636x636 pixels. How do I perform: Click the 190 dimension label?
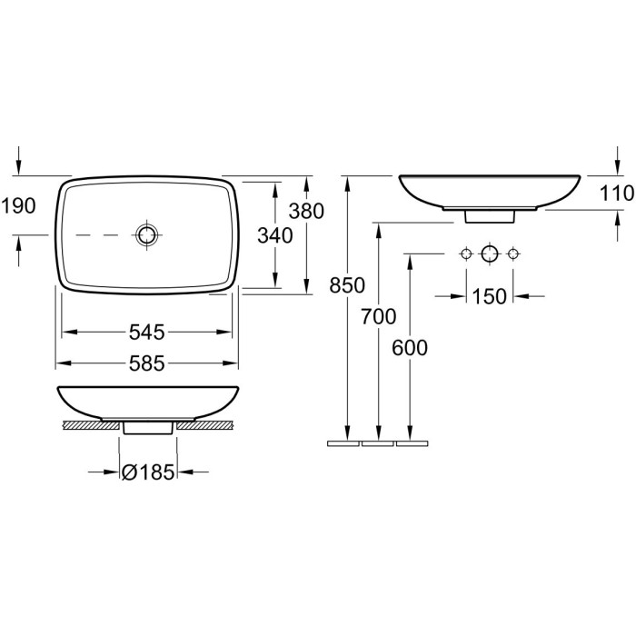(19, 206)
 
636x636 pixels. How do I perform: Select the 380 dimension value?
(306, 211)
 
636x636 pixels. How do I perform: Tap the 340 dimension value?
(275, 235)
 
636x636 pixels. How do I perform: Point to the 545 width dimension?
(147, 333)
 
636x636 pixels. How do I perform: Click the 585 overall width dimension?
(147, 363)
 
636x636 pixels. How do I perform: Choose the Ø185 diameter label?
(148, 472)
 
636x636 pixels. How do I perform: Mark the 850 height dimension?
(347, 285)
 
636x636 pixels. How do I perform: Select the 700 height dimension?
(379, 316)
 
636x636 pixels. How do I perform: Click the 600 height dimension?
(410, 348)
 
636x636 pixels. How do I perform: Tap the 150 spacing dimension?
(489, 296)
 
